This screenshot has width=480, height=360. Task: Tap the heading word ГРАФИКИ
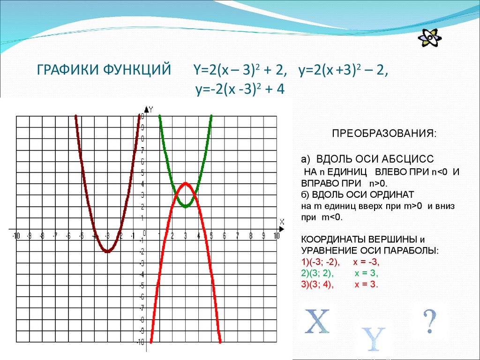coord(65,71)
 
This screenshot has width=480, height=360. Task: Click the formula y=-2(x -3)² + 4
coord(240,89)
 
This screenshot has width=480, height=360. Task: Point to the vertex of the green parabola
coord(186,205)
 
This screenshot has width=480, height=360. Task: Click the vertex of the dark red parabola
coord(107,251)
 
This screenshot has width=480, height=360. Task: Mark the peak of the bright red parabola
coord(186,183)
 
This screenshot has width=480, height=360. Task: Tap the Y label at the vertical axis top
coord(151,110)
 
